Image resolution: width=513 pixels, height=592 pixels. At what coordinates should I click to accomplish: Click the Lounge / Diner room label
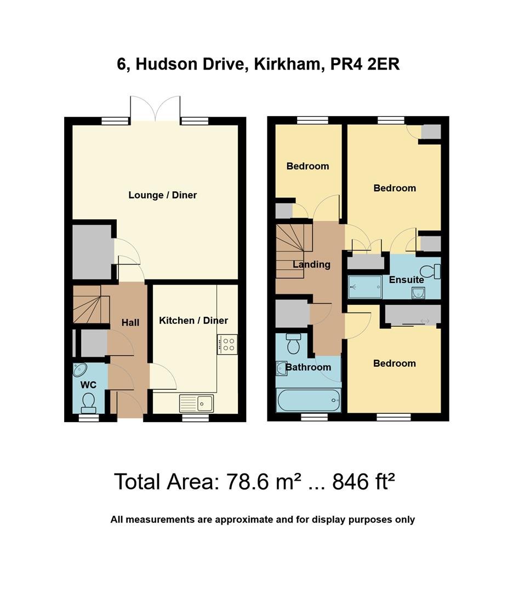click(162, 195)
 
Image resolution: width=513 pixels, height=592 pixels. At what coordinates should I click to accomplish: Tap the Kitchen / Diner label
click(193, 321)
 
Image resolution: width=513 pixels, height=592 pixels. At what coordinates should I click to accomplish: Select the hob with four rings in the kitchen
click(227, 344)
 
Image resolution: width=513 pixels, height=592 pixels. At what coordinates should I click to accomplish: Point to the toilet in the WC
click(88, 403)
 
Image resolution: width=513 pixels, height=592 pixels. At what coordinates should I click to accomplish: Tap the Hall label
click(130, 323)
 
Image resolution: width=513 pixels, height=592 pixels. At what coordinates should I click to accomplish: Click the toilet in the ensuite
click(430, 271)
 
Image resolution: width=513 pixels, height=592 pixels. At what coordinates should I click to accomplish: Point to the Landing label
click(311, 265)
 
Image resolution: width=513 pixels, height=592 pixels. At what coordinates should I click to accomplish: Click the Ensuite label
click(406, 280)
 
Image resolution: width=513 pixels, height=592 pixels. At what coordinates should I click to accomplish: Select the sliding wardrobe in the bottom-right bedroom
click(413, 315)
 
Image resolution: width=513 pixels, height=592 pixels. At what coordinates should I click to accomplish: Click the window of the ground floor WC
click(88, 418)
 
